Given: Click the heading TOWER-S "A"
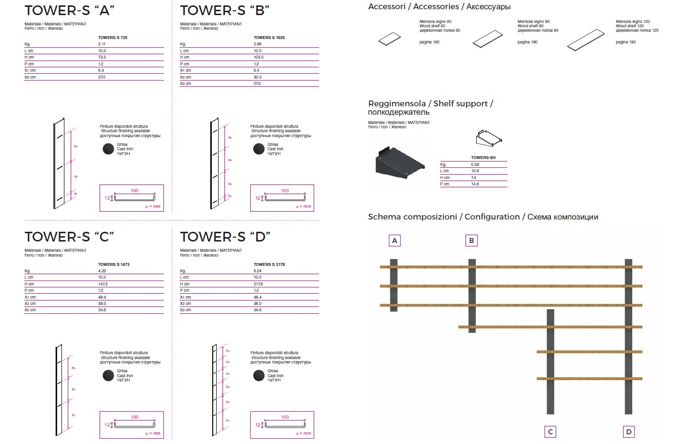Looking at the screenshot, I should [x=69, y=10].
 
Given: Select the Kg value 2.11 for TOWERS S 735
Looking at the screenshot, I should [x=102, y=44].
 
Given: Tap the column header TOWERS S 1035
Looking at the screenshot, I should [x=269, y=38].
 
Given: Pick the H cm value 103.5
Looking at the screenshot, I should [x=259, y=57].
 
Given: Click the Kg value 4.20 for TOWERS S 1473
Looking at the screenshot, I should [x=102, y=271].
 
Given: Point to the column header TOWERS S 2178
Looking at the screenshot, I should [x=269, y=264].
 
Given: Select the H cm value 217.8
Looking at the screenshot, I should [x=258, y=284].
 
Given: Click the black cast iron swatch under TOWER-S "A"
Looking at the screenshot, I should [x=108, y=149].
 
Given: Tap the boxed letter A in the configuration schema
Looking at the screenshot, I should [x=395, y=241].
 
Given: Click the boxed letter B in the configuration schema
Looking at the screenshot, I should [x=471, y=241].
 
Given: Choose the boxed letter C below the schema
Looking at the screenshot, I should [x=550, y=432].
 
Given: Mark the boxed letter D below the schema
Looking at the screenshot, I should [x=628, y=432].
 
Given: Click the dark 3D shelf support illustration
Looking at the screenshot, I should [x=399, y=162].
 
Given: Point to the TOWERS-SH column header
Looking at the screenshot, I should [x=483, y=158].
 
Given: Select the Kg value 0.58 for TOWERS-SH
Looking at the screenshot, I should [x=475, y=164].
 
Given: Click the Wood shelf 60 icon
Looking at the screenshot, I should [x=390, y=39].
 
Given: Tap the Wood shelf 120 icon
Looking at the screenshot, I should [x=586, y=40].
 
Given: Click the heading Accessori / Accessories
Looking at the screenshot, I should [x=439, y=7].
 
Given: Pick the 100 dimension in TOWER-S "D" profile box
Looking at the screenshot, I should [x=285, y=417].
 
